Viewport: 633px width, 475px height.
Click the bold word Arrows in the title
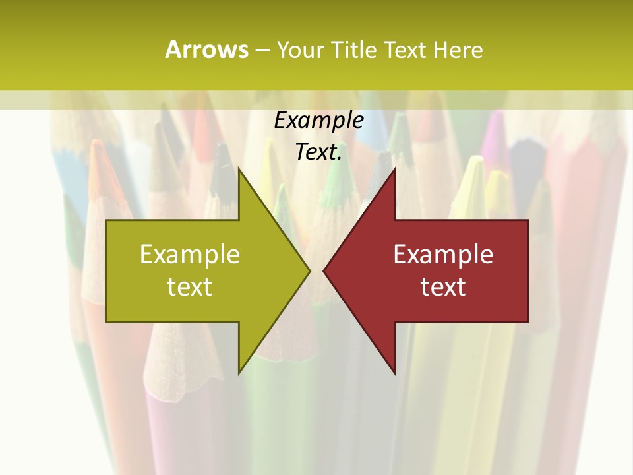point(206,49)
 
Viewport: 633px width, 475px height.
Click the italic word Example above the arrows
point(318,121)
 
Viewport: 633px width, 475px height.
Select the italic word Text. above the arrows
point(318,152)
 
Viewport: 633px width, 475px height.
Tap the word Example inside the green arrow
point(190,255)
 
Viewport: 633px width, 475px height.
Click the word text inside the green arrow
point(190,287)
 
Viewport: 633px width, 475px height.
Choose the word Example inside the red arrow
point(443,255)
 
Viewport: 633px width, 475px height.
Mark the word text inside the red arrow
point(443,287)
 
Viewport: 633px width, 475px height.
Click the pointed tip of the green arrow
point(309,270)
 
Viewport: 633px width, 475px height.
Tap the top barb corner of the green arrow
point(239,170)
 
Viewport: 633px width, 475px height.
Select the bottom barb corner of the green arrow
point(239,372)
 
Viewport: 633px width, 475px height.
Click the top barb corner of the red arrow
point(394,170)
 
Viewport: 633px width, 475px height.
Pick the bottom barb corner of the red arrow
point(394,372)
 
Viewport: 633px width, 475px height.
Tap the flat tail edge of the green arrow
point(107,270)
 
